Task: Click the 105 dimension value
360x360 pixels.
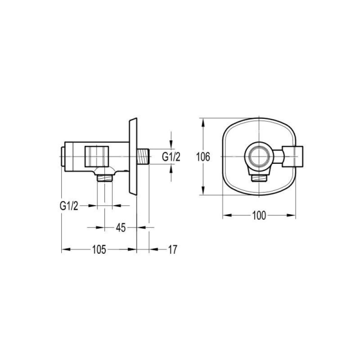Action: tap(99, 249)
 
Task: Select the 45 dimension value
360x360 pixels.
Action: tap(121, 228)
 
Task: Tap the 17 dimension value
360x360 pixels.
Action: tap(173, 250)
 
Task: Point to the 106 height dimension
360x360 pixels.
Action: tap(203, 157)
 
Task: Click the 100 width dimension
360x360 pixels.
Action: tap(259, 216)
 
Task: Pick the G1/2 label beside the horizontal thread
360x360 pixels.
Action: tap(171, 157)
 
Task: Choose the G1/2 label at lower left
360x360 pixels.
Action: tap(69, 206)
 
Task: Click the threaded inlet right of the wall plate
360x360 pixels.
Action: tap(143, 157)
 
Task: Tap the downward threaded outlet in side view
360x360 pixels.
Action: tap(105, 178)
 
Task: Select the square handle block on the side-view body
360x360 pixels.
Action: tap(97, 156)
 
